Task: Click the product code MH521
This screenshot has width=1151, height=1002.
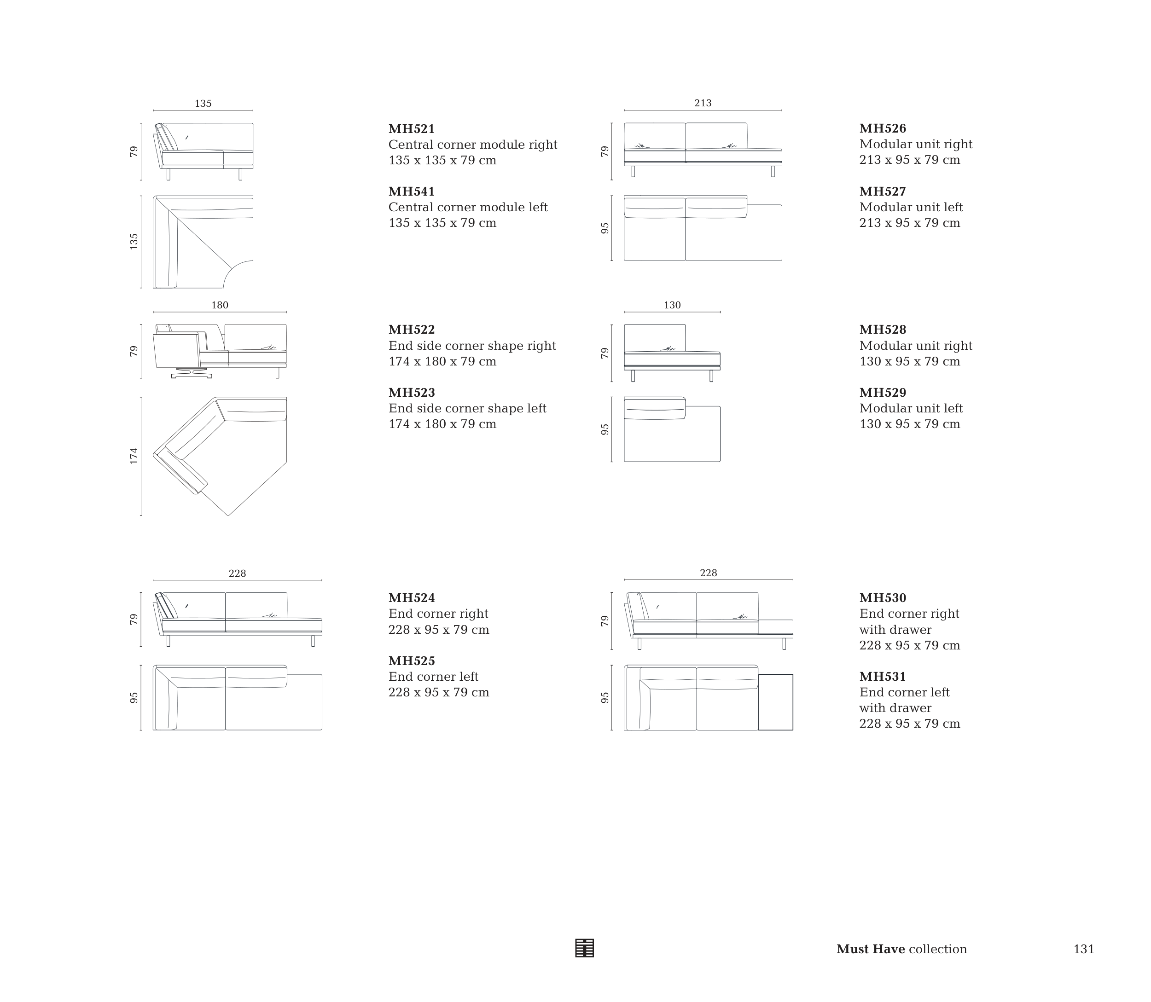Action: pyautogui.click(x=411, y=129)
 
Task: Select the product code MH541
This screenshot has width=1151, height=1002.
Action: pyautogui.click(x=411, y=192)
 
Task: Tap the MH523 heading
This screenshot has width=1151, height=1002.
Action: pyautogui.click(x=411, y=393)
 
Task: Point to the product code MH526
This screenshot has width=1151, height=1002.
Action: pyautogui.click(x=882, y=128)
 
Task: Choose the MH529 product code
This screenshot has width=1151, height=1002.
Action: pyautogui.click(x=882, y=393)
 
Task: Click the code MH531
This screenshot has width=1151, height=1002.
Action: pyautogui.click(x=882, y=677)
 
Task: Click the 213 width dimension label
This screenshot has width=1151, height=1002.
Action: pyautogui.click(x=703, y=103)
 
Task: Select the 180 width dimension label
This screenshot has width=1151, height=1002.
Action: pyautogui.click(x=220, y=305)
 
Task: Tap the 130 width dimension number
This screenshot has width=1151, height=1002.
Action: pyautogui.click(x=672, y=305)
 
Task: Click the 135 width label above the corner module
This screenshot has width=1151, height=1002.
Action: pyautogui.click(x=203, y=104)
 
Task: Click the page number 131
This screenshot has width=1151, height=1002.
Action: pyautogui.click(x=1083, y=950)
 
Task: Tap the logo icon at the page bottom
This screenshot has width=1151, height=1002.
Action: pyautogui.click(x=584, y=948)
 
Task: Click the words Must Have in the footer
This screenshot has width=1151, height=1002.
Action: pyautogui.click(x=870, y=950)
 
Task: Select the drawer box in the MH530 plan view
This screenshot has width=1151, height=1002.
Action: pyautogui.click(x=775, y=702)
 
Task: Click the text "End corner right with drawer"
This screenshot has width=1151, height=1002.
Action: pyautogui.click(x=909, y=622)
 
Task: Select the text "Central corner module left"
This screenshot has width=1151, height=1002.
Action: pyautogui.click(x=468, y=208)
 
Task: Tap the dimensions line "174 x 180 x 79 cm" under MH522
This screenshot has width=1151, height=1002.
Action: pyautogui.click(x=442, y=362)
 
